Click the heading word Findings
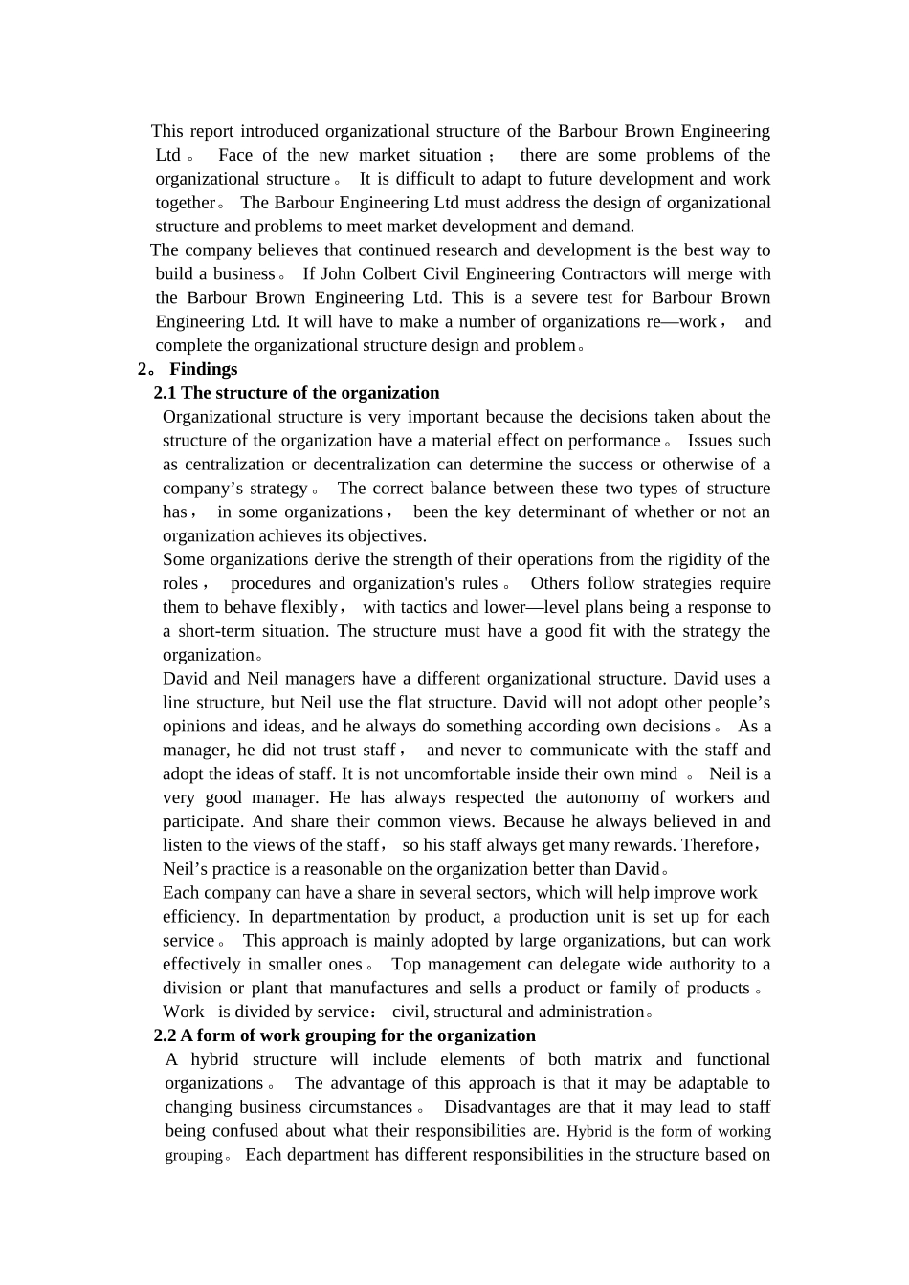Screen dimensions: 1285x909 click(204, 369)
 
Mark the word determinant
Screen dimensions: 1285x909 click(565, 512)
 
